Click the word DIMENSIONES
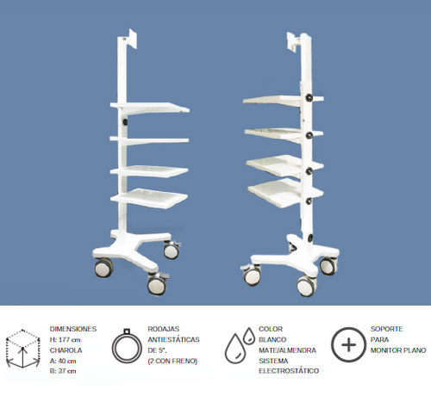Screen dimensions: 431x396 tap(73, 329)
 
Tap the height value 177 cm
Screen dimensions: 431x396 tap(70, 340)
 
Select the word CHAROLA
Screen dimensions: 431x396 tap(66, 350)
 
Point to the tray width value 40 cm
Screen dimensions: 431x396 tap(67, 361)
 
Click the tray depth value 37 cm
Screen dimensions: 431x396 tap(67, 371)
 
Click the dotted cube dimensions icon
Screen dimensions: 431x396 tap(23, 349)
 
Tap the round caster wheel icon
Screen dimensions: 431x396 tap(127, 346)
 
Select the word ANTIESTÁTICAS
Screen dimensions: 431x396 tap(173, 340)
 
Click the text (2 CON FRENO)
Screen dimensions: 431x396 tap(172, 361)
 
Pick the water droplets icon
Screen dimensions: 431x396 tap(240, 345)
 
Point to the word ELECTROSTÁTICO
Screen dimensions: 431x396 tap(289, 371)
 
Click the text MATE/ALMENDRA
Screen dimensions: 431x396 tap(287, 350)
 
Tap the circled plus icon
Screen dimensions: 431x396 tap(348, 344)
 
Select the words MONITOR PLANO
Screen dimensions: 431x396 tap(398, 350)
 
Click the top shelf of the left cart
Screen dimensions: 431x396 tap(149, 108)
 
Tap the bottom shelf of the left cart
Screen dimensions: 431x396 tap(149, 198)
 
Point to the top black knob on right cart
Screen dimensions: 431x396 tap(309, 98)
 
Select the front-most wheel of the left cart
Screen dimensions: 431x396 tap(157, 285)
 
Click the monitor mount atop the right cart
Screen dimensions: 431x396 tap(293, 42)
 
